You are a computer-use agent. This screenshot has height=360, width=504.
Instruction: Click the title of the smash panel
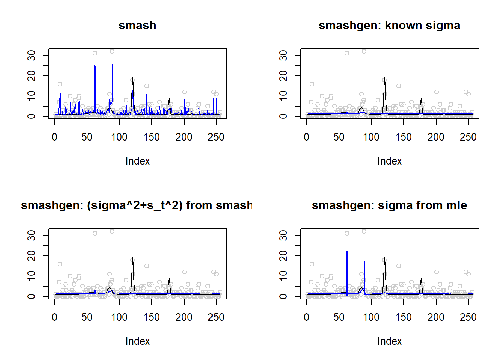pos(137,25)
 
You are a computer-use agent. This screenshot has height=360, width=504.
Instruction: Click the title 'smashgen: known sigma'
pos(389,25)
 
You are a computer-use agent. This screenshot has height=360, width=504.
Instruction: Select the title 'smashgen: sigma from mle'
pos(389,205)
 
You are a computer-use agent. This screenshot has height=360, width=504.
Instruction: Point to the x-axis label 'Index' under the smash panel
pos(137,161)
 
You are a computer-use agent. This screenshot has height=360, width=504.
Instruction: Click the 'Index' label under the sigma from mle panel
pos(389,341)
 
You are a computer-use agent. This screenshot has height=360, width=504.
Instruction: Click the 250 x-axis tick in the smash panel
pos(216,137)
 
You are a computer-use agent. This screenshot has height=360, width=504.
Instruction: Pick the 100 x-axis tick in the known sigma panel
pos(371,137)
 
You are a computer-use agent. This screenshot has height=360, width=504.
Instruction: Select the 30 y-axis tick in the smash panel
pos(32,55)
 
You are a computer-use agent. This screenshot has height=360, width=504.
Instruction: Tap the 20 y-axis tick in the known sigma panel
pos(284,76)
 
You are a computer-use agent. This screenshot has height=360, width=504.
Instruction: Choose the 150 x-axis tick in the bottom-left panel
pos(151,317)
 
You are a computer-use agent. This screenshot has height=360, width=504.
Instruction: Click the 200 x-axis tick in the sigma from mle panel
pos(436,317)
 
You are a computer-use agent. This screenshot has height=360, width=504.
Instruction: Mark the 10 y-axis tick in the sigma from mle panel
pos(284,276)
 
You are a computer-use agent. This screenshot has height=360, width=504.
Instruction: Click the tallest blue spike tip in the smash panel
pos(112,65)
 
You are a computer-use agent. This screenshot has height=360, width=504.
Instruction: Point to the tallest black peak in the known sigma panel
pos(384,78)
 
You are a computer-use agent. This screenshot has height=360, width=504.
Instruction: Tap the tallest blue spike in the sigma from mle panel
pos(347,251)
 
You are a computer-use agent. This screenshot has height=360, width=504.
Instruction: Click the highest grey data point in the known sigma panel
pos(364,51)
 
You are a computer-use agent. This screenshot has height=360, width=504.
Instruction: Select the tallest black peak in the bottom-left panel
pos(132,258)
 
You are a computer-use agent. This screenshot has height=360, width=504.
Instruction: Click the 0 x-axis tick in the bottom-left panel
pos(55,317)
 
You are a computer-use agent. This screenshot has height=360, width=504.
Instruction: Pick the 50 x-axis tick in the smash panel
pos(87,137)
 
